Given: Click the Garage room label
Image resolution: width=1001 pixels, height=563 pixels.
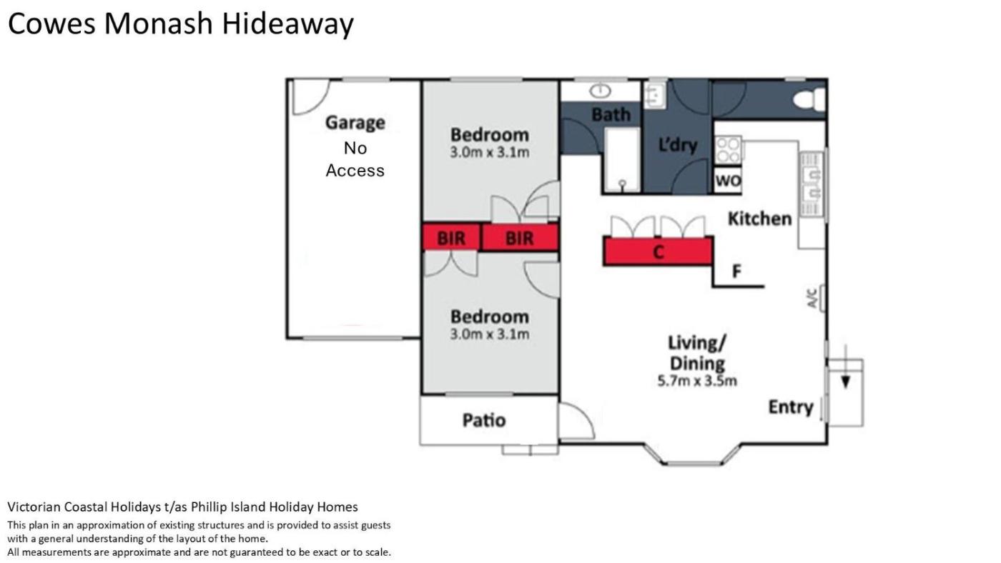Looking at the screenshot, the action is tap(355, 123).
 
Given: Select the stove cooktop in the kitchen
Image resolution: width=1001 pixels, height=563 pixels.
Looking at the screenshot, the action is tap(729, 150).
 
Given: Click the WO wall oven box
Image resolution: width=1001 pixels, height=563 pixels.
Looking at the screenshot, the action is tap(728, 181).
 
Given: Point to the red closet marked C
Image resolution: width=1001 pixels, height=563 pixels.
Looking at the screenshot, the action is tap(658, 251).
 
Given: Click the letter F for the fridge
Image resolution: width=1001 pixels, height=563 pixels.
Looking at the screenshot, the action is tap(736, 271).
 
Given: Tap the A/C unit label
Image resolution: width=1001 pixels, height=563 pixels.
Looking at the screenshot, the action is tap(813, 298).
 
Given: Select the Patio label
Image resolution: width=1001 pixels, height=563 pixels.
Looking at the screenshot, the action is tap(484, 420).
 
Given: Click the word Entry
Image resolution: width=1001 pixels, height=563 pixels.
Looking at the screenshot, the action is tap(791, 407).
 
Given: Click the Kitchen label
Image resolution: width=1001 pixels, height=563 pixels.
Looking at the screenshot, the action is tap(759, 219).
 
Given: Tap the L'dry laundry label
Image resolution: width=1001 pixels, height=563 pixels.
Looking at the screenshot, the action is tap(678, 145).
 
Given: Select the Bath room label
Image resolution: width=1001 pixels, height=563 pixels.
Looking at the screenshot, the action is tap(611, 115).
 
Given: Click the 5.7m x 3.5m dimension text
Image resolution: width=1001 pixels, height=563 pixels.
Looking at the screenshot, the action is tap(697, 381).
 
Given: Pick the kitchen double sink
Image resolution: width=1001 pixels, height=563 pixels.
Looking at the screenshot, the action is tap(812, 184).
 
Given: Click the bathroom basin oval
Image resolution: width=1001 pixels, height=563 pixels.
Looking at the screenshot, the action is tap(600, 91).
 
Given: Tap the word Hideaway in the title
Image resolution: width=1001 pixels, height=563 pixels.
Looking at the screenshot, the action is tap(287, 24).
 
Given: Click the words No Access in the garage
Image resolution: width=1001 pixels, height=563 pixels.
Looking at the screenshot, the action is tap(355, 159).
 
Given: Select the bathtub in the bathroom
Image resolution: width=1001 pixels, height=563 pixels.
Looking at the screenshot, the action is tap(623, 160).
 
